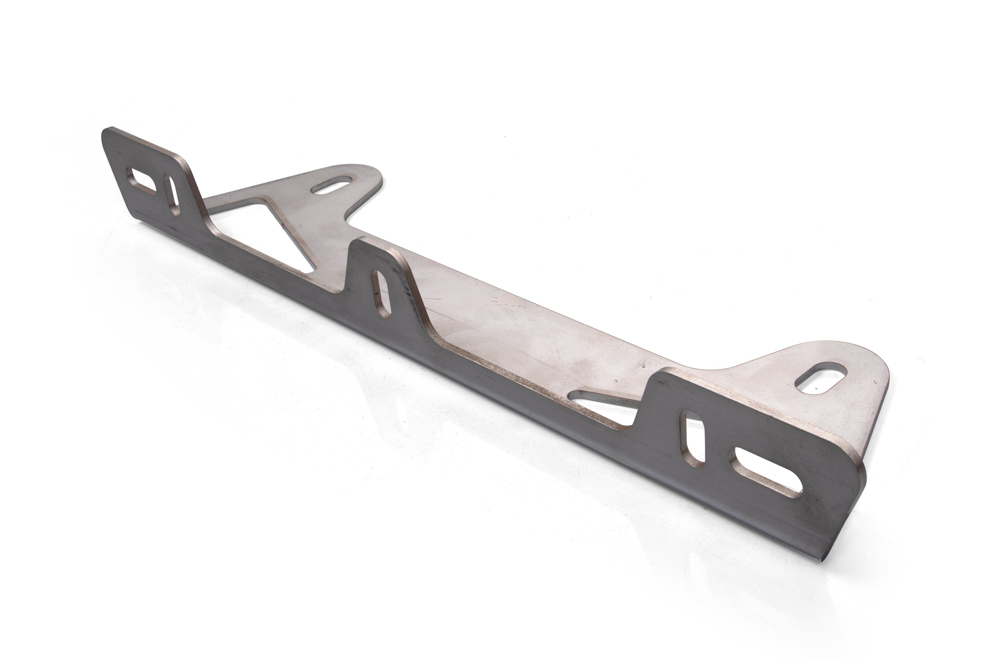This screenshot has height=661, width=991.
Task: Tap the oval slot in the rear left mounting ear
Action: pyautogui.click(x=332, y=187)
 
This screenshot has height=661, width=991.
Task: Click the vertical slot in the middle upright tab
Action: pyautogui.click(x=382, y=293)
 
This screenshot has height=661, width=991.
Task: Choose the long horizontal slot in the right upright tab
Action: pyautogui.click(x=766, y=473)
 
